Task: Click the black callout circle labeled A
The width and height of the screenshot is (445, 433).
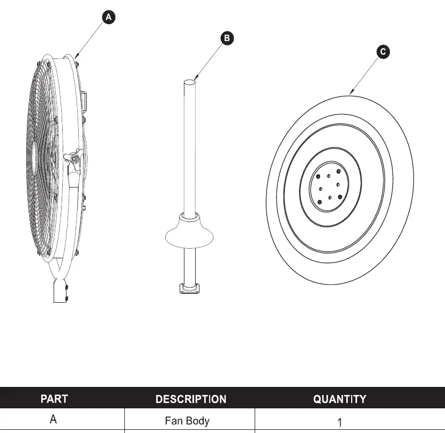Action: point(108,17)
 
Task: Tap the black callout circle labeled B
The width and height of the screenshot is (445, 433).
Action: point(227,38)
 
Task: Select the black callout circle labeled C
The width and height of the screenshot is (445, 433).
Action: point(383,51)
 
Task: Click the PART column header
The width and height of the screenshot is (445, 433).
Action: point(54,399)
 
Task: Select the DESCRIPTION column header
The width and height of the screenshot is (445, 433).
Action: point(191,399)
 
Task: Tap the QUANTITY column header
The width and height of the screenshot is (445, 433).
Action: point(340,399)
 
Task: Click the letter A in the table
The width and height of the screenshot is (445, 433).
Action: point(53,419)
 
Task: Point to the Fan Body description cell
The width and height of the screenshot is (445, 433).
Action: point(187,421)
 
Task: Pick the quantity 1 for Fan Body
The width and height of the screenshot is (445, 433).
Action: point(340,422)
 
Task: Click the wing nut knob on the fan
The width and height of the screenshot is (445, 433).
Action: point(73,158)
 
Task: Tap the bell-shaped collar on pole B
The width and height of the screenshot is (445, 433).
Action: point(189,230)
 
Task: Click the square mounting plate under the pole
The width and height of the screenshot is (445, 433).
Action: point(189,288)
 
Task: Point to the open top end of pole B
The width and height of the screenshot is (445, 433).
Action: point(190,83)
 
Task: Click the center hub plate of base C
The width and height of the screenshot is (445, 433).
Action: point(328,186)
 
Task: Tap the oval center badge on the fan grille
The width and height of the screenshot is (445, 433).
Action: point(34,156)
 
